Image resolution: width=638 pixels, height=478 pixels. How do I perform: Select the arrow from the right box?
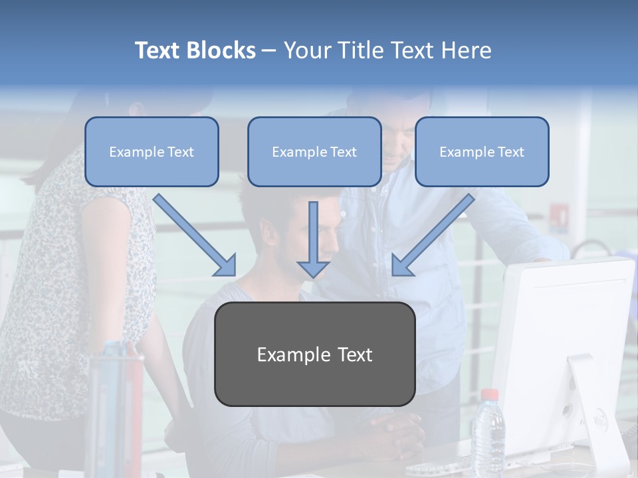(433, 235)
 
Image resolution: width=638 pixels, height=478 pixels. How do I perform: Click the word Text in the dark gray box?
(355, 355)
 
